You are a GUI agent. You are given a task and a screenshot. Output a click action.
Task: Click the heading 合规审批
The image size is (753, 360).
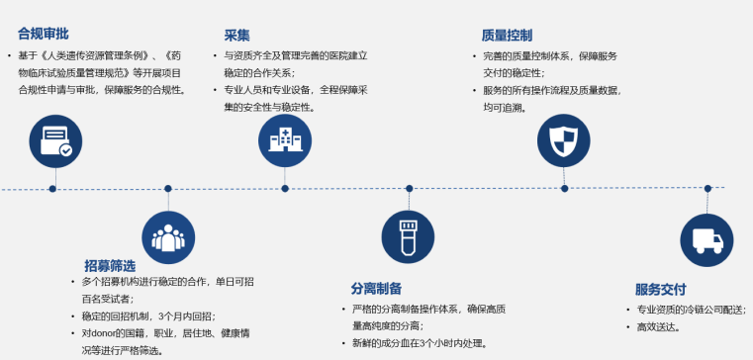coord(44,34)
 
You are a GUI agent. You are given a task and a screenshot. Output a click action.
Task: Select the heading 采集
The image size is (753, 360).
coord(236,35)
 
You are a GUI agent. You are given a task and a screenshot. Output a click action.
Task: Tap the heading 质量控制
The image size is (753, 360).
coord(507,35)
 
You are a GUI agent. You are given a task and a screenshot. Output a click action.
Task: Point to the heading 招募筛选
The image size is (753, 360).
coord(110,265)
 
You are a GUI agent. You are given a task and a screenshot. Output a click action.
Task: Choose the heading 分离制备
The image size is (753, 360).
coord(376,289)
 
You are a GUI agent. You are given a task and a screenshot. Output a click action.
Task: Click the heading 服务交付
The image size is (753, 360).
coord(661,290)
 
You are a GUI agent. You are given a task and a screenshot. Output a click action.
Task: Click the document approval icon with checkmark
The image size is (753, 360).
coord(55,141)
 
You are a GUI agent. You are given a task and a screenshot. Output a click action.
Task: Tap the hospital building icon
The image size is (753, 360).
coord(285,140)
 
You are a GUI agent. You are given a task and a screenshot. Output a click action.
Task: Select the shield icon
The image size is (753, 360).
coord(563,140)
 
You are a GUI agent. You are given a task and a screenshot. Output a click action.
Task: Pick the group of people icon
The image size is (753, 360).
coord(168,237)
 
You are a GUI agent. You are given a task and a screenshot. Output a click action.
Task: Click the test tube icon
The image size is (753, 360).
coord(409,236)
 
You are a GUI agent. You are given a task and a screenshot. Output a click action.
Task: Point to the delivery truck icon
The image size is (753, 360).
coord(706,240)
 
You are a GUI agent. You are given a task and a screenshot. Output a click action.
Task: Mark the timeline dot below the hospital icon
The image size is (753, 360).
coord(285,189)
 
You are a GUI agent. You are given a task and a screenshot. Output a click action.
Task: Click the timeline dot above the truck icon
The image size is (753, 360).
coord(707,188)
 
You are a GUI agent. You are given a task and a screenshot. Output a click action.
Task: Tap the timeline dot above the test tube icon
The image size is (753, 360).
coord(410,189)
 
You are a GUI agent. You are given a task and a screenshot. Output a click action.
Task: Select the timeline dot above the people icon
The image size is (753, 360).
coord(168,189)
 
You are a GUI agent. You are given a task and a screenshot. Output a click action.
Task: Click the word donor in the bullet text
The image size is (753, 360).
coord(101,333)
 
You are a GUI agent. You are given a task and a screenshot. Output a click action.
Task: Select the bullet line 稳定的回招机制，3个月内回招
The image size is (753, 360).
coord(148,316)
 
